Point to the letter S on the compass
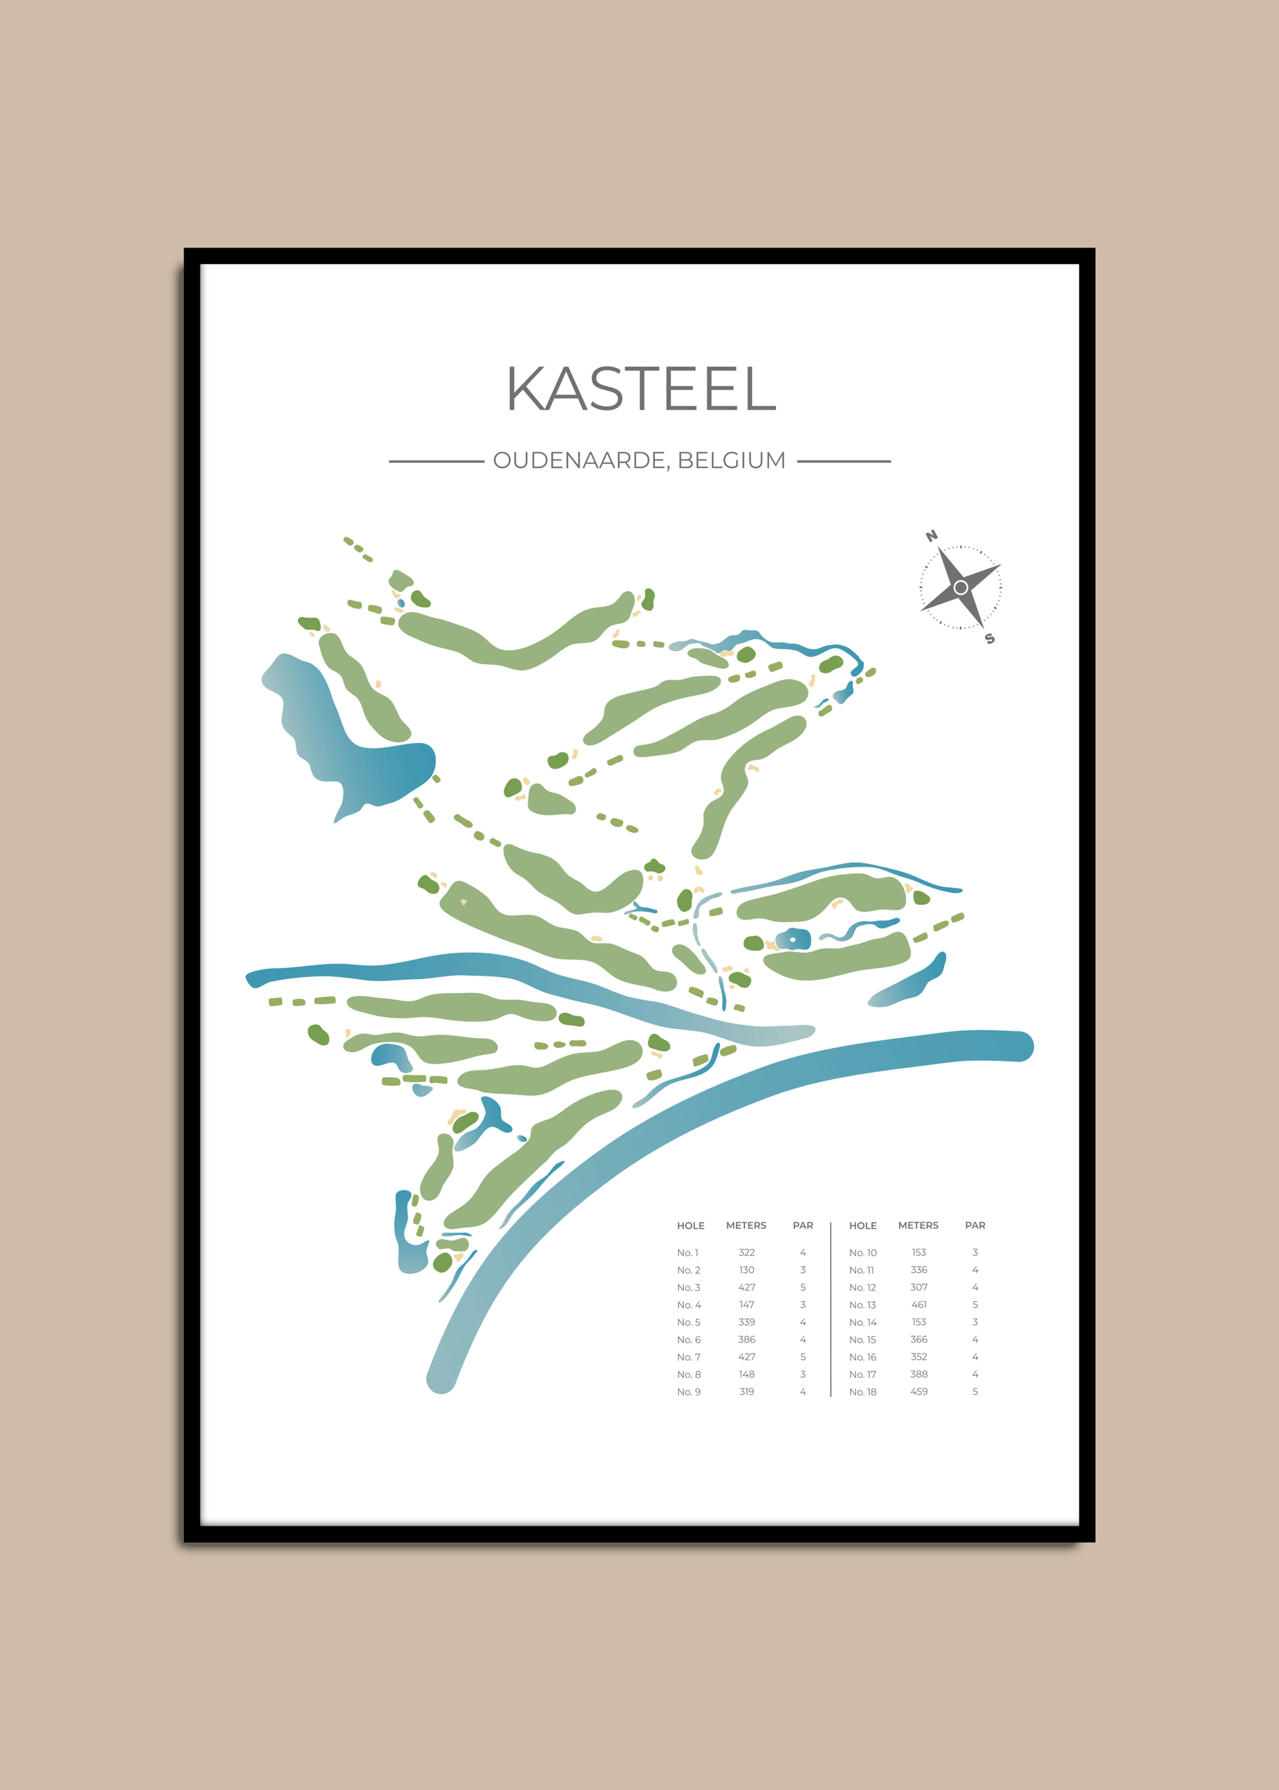click(x=990, y=639)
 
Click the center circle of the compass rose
click(x=960, y=587)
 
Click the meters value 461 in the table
click(x=918, y=1305)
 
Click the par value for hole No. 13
click(x=975, y=1305)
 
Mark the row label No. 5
click(x=688, y=1322)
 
